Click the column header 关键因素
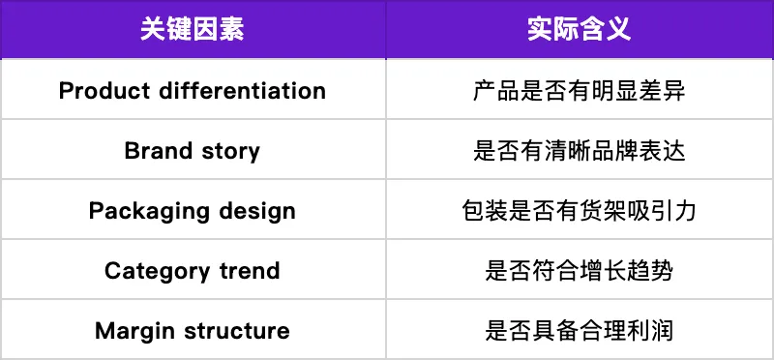pyautogui.click(x=193, y=29)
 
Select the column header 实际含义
pyautogui.click(x=580, y=29)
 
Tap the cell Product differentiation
pyautogui.click(x=193, y=91)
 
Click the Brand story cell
pyautogui.click(x=193, y=151)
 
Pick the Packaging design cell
pyautogui.click(x=193, y=211)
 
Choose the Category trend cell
pyautogui.click(x=193, y=271)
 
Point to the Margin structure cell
pyautogui.click(x=193, y=331)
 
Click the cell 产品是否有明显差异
pyautogui.click(x=580, y=91)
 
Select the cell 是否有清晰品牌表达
pyautogui.click(x=580, y=151)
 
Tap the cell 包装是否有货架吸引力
pyautogui.click(x=580, y=211)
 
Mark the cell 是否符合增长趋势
pyautogui.click(x=580, y=271)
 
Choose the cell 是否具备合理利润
pyautogui.click(x=580, y=331)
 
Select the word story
pyautogui.click(x=230, y=152)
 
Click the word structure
pyautogui.click(x=232, y=331)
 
